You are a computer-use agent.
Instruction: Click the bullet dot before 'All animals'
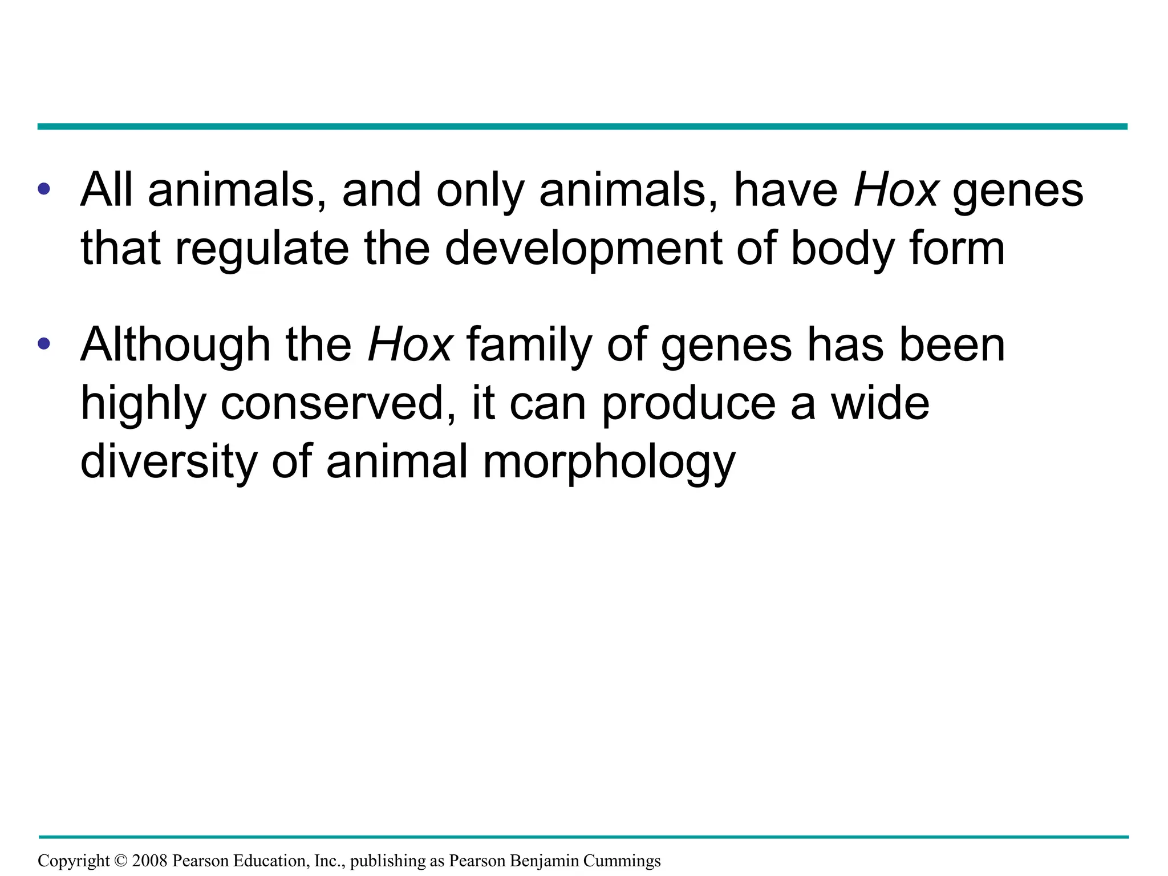pos(44,189)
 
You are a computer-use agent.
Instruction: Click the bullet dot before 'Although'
pos(44,344)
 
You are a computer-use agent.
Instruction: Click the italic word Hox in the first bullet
pos(896,190)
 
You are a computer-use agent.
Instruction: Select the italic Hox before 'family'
pos(410,345)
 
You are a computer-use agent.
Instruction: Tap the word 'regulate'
pos(262,250)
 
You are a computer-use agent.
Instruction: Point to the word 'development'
pos(583,250)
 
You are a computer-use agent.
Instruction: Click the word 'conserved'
pos(337,403)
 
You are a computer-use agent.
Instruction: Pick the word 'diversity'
pos(169,462)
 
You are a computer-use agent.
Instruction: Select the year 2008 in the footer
pos(149,861)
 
